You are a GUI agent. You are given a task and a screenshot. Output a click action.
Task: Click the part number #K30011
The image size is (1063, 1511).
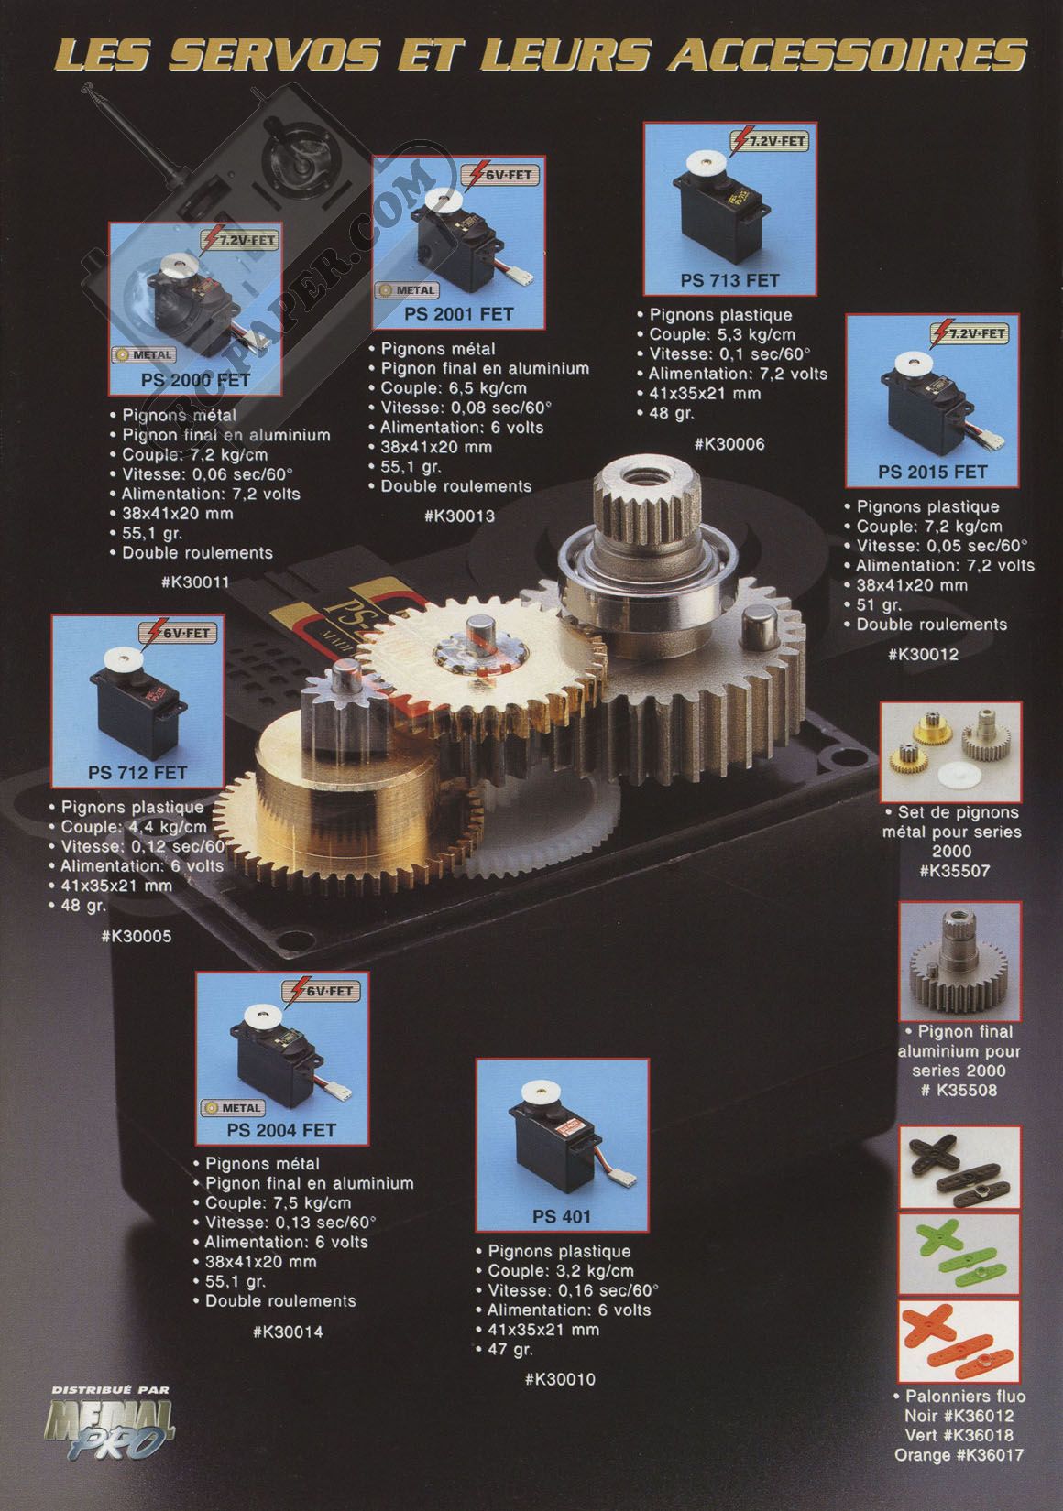pos(196,582)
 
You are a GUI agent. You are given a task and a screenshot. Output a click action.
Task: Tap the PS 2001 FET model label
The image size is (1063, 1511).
pos(459,314)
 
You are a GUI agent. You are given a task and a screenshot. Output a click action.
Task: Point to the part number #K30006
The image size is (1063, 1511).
pos(729,443)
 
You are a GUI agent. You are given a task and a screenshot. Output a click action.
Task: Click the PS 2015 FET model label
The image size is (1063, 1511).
pos(932,472)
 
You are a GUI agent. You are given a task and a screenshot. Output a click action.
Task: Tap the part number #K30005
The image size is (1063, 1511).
pos(136,936)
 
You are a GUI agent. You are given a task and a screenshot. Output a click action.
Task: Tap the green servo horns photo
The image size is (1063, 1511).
pos(959,1254)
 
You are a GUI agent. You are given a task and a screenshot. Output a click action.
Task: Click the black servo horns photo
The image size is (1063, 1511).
pos(959,1167)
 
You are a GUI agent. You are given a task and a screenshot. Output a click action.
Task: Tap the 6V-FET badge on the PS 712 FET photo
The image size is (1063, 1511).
pos(178,634)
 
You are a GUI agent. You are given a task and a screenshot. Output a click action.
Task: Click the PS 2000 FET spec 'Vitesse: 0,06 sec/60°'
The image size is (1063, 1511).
pos(207,473)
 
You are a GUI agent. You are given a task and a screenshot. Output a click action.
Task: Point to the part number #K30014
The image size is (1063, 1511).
pos(288,1331)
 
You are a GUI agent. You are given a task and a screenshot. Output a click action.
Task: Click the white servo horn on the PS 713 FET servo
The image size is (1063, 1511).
pos(706,163)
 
